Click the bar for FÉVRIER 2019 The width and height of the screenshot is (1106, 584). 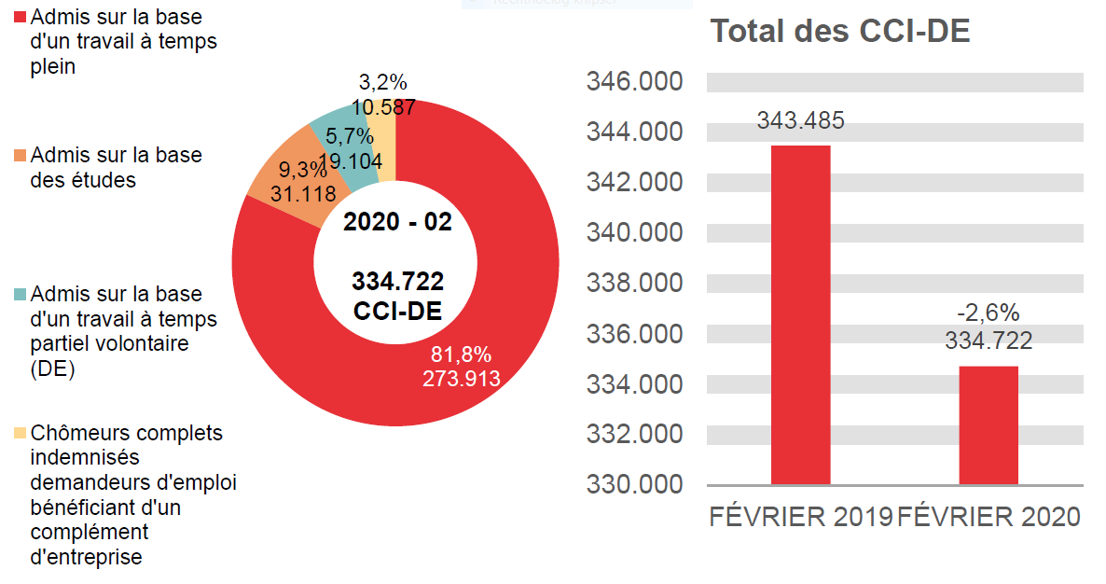click(800, 315)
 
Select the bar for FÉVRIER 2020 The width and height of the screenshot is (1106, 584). click(988, 425)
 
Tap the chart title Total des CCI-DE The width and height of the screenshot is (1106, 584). click(840, 32)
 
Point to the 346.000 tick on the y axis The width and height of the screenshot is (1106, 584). click(634, 82)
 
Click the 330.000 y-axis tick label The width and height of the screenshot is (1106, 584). click(634, 485)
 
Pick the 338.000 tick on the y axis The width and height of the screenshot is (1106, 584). click(634, 284)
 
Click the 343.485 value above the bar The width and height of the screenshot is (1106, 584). click(800, 121)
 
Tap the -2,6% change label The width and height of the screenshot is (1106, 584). click(988, 313)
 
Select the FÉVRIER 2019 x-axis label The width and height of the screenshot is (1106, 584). click(800, 517)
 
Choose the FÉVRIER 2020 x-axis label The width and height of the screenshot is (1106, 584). click(988, 517)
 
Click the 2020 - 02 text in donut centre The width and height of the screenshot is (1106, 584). click(397, 223)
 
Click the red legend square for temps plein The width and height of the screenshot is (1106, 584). click(20, 18)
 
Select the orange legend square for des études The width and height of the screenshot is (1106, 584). click(20, 156)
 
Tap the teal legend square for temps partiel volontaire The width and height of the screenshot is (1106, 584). click(20, 295)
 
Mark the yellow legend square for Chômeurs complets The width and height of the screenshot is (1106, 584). click(20, 434)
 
